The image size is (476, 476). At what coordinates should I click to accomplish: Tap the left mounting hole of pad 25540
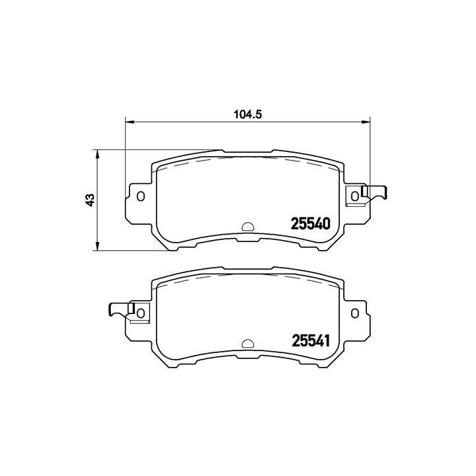[x=139, y=195]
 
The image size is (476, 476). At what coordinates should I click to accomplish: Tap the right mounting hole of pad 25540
[x=356, y=195]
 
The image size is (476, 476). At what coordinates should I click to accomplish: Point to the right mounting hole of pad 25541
[x=356, y=311]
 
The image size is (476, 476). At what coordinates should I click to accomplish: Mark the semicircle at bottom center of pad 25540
[x=248, y=226]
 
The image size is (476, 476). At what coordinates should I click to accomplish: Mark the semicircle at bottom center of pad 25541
[x=248, y=342]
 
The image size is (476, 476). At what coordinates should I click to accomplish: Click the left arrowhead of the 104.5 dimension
[x=130, y=122]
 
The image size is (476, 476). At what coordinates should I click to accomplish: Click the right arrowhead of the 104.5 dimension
[x=366, y=122]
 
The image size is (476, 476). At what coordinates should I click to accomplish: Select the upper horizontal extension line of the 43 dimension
[x=159, y=150]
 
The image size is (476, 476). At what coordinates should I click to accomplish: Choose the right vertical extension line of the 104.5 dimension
[x=370, y=152]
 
